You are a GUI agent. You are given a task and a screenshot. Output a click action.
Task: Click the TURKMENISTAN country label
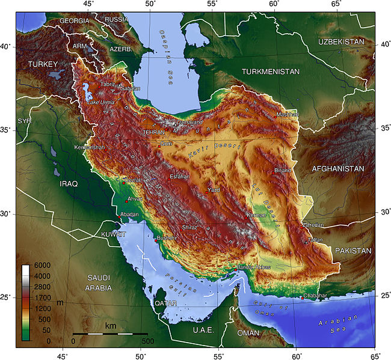[x=270, y=72]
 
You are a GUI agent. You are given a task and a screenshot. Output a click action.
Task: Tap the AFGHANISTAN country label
[x=337, y=169]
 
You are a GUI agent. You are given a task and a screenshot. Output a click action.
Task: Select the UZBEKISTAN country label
[x=342, y=41]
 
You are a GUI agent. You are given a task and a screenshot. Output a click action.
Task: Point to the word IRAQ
[x=68, y=183]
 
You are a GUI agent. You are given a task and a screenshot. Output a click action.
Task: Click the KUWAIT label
[x=114, y=233]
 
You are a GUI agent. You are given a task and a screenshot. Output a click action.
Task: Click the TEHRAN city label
[x=153, y=132]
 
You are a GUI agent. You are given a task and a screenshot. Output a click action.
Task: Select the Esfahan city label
[x=179, y=177]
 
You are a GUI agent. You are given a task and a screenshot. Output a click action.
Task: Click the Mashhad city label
[x=287, y=114]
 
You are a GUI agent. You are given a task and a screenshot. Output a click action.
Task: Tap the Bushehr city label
[x=167, y=239]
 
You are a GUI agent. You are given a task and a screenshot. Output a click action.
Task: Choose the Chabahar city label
[x=317, y=296]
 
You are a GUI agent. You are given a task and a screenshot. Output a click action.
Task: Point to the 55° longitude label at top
[x=212, y=4]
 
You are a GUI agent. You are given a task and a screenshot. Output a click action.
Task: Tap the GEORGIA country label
[x=73, y=20]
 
